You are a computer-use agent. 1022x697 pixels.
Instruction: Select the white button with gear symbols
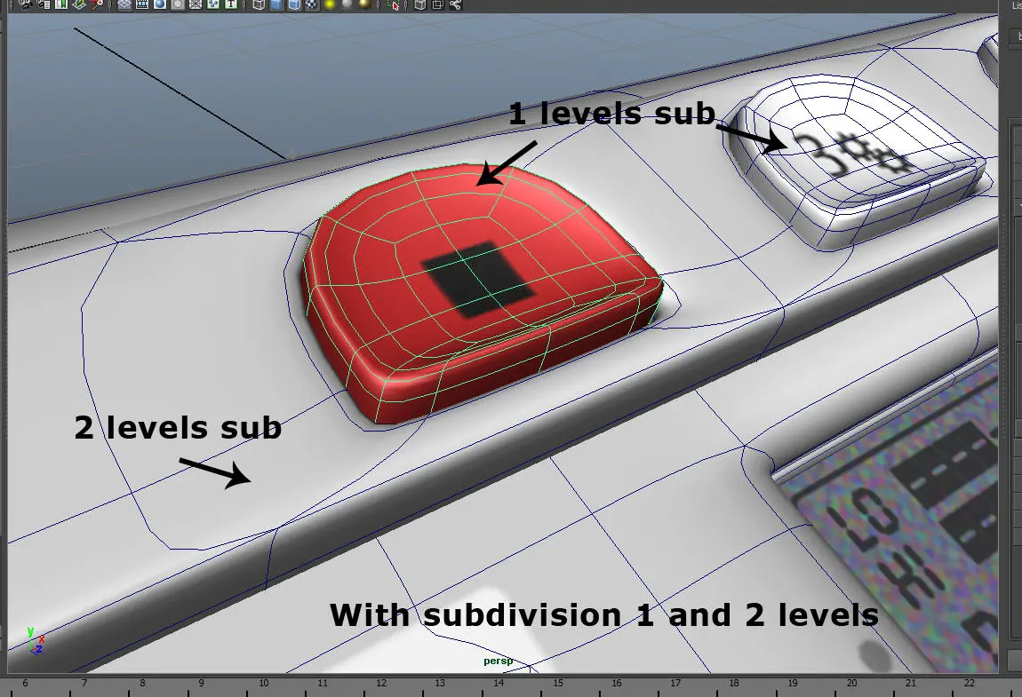click(x=862, y=169)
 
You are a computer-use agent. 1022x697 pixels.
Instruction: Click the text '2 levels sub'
click(x=178, y=428)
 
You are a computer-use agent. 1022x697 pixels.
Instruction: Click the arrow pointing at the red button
click(x=509, y=162)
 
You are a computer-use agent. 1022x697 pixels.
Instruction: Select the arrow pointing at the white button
click(x=751, y=136)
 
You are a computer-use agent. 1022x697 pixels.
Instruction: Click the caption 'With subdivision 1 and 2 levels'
click(x=603, y=614)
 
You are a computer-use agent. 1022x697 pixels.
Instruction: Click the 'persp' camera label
click(x=499, y=661)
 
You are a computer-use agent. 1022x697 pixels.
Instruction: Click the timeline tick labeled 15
click(x=557, y=683)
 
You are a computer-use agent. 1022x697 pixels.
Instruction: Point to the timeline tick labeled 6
click(x=25, y=683)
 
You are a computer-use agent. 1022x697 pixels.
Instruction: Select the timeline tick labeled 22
click(x=969, y=683)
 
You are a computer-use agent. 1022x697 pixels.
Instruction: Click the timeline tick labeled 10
click(x=263, y=683)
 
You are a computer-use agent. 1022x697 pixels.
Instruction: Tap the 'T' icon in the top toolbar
click(x=231, y=4)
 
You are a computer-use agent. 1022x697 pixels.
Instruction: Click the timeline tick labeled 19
click(x=793, y=683)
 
